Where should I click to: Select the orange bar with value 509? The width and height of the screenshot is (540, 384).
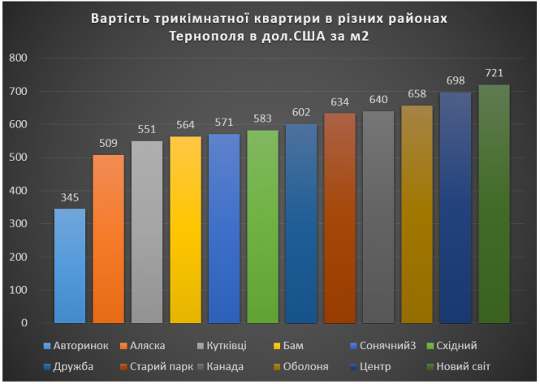click(x=108, y=239)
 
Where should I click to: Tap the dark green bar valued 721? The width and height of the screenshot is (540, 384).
click(x=494, y=204)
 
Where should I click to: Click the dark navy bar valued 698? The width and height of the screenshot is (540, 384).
click(x=456, y=207)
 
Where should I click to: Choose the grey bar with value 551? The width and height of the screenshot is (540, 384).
click(x=147, y=231)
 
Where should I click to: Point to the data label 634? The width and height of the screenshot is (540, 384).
click(x=339, y=102)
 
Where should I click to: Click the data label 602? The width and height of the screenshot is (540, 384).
click(x=301, y=113)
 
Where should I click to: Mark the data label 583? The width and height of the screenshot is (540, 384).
click(x=262, y=119)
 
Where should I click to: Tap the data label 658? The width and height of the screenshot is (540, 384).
click(x=417, y=94)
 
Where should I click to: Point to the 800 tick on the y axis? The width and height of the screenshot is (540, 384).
click(x=18, y=58)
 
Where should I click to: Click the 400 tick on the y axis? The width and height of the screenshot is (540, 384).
click(x=18, y=191)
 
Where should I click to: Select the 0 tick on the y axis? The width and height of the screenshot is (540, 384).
click(x=24, y=323)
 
